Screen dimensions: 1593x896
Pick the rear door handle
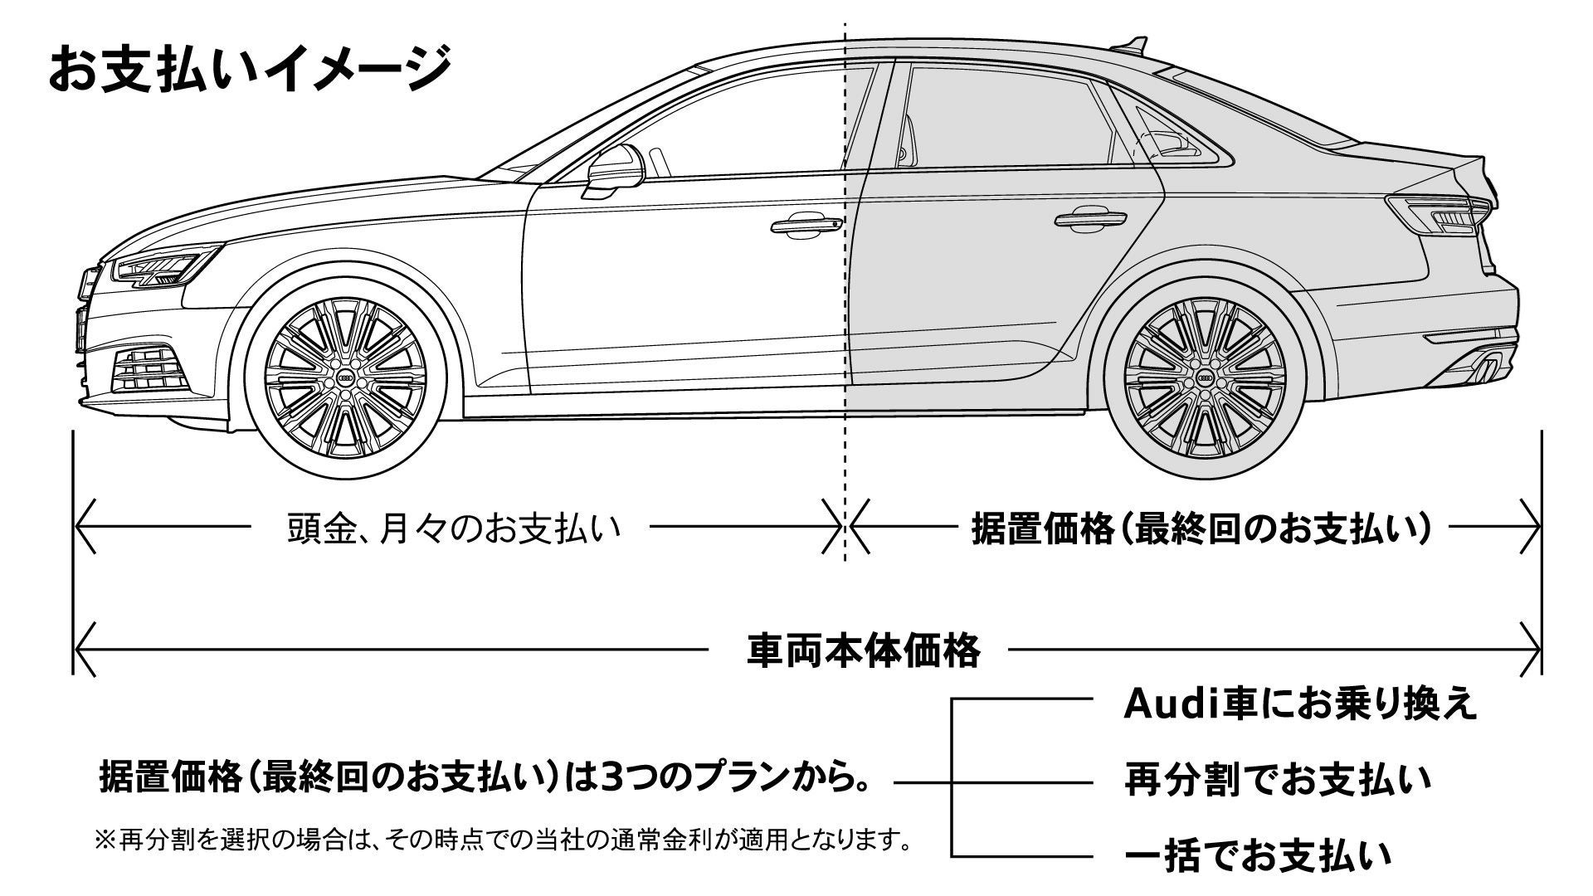click(1090, 221)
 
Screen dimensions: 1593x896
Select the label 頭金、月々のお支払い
click(454, 528)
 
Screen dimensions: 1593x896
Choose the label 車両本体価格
click(864, 650)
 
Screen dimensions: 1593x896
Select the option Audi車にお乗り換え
click(1300, 704)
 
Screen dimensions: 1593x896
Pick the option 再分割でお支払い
click(1278, 781)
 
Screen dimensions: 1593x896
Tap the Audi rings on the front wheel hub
click(345, 379)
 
